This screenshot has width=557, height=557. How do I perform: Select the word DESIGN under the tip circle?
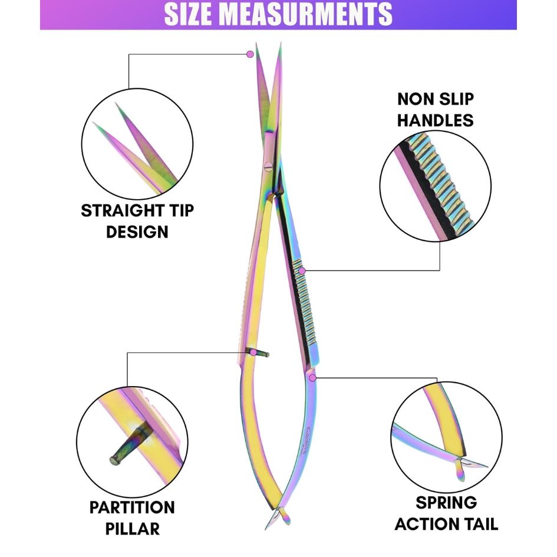click(137, 231)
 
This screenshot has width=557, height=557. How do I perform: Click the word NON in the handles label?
click(420, 99)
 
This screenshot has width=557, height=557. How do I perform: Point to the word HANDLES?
click(435, 120)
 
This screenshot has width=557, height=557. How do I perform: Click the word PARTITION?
click(132, 507)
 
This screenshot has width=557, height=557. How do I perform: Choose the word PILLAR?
click(133, 528)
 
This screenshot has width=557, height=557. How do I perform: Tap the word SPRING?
click(446, 502)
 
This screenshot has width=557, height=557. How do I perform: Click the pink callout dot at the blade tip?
click(250, 54)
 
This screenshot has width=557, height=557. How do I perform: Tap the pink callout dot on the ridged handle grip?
click(302, 271)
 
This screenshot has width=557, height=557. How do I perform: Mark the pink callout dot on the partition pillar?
click(253, 352)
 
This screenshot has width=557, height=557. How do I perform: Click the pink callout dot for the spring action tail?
click(313, 377)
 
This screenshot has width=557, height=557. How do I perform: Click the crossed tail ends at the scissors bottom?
click(278, 519)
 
